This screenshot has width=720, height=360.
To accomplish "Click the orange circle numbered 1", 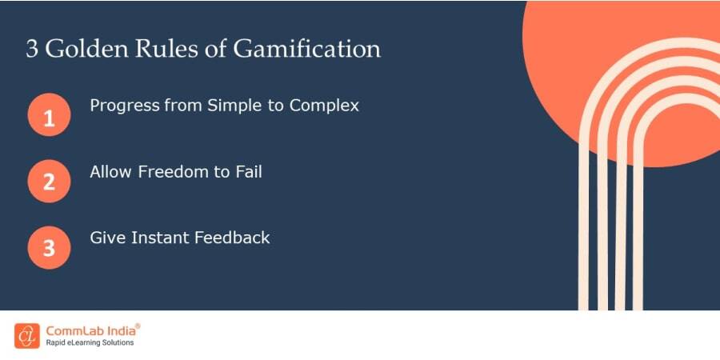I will [49, 118].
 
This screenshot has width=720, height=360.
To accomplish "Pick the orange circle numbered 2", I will [49, 181].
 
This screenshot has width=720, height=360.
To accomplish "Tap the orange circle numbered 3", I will [49, 247].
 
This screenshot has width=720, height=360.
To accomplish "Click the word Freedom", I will [169, 171].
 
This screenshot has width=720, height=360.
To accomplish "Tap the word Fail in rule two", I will [246, 171].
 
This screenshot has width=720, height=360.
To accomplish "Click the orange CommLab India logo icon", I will [26, 335].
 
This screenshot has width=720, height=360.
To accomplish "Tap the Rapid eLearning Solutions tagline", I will [90, 343].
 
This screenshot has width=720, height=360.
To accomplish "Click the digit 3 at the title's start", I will [32, 49].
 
